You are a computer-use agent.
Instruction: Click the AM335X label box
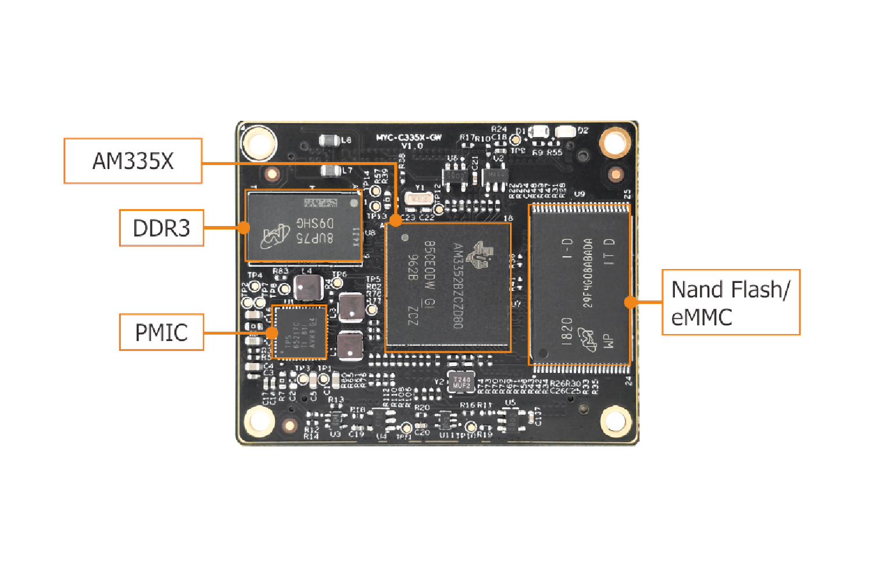pyautogui.click(x=133, y=161)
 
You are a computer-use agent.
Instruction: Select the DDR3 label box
pyautogui.click(x=162, y=228)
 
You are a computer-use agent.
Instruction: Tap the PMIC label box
pyautogui.click(x=162, y=332)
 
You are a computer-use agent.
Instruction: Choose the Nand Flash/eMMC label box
pyautogui.click(x=731, y=302)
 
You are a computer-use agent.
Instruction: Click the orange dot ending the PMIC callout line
pyautogui.click(x=271, y=332)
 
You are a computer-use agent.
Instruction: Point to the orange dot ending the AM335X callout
pyautogui.click(x=395, y=220)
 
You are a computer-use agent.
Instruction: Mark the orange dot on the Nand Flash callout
pyautogui.click(x=630, y=302)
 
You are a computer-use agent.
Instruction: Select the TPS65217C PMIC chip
pyautogui.click(x=300, y=333)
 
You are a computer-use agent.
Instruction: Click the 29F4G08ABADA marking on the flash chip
pyautogui.click(x=588, y=273)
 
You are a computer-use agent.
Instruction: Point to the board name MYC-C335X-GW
pyautogui.click(x=409, y=138)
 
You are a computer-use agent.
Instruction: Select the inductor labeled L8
pyautogui.click(x=330, y=140)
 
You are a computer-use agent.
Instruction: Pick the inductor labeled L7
pyautogui.click(x=331, y=171)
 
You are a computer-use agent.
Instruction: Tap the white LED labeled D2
pyautogui.click(x=564, y=131)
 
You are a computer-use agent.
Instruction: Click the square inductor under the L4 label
pyautogui.click(x=308, y=288)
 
